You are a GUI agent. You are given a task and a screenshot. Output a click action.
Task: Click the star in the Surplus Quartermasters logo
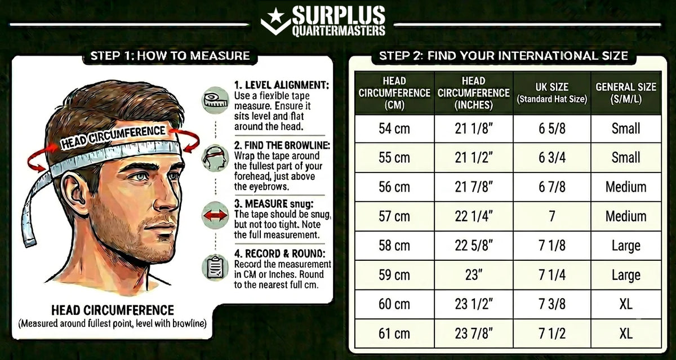coord(276,16)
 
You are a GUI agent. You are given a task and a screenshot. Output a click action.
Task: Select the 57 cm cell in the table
coord(394,216)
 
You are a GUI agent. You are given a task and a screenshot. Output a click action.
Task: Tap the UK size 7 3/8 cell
coord(552,304)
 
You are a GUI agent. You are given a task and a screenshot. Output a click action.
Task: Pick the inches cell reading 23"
coord(474,275)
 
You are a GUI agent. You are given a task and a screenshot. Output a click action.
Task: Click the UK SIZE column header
coord(552,93)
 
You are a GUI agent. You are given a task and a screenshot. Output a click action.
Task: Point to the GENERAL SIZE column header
coord(626,93)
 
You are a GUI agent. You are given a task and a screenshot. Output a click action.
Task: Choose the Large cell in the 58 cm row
coord(626,246)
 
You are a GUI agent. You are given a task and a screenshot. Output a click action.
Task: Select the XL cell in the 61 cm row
coord(626,334)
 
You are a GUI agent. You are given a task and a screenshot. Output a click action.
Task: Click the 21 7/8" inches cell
coord(474,187)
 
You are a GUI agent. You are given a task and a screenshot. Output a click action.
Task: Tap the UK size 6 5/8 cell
coord(552,128)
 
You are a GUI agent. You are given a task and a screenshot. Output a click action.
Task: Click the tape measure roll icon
coord(215,100)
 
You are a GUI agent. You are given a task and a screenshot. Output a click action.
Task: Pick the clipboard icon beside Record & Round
coord(215,268)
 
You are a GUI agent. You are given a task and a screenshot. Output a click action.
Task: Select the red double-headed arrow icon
coord(215,215)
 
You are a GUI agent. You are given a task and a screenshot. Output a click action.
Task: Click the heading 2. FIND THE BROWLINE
coord(282,145)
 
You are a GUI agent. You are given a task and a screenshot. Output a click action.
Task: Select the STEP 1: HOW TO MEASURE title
coord(170,56)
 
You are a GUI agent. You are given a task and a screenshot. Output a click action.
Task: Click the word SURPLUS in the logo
coord(339,15)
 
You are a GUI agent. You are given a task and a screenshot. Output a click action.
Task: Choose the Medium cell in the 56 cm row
coord(626,187)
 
